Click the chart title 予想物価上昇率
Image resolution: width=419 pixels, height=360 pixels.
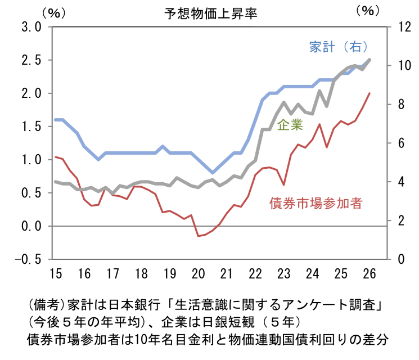coord(210,12)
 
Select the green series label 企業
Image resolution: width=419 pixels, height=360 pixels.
coord(290,125)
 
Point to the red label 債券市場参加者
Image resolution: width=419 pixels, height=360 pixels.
coord(316,202)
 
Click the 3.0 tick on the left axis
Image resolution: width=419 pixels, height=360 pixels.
coord(30,26)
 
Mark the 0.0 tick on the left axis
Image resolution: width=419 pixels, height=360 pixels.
coord(30,226)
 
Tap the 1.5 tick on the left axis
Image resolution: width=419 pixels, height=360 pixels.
coord(30,127)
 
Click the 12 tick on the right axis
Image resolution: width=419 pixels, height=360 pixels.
coord(403,26)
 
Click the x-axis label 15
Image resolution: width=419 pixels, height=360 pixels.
coord(55,274)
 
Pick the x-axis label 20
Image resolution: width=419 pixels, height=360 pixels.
coord(198,274)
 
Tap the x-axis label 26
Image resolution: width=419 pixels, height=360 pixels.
coord(369,274)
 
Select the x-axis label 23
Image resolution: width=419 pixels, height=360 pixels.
coord(283,274)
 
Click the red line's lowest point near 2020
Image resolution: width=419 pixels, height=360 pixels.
coord(198,236)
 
